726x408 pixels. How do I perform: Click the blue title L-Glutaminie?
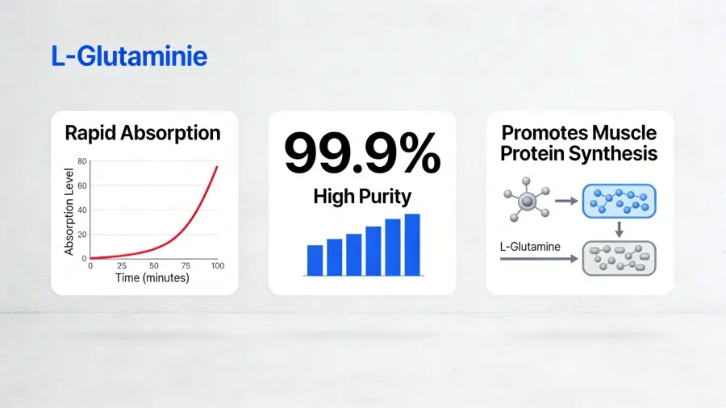(x=128, y=56)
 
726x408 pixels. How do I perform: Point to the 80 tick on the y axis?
(x=81, y=162)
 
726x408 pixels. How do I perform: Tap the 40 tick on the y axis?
(x=81, y=210)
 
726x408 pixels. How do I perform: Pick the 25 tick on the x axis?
(x=123, y=265)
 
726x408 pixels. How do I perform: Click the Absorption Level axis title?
(x=69, y=209)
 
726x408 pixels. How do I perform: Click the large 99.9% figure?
(x=362, y=154)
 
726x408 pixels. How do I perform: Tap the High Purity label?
(x=362, y=196)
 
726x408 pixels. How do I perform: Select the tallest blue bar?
(x=412, y=244)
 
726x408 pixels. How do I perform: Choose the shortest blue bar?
(x=315, y=260)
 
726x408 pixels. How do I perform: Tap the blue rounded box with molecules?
(x=619, y=201)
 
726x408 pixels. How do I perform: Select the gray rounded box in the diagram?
(x=619, y=259)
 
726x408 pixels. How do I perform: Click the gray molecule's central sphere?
(x=525, y=201)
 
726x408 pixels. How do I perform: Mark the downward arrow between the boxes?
(x=619, y=231)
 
